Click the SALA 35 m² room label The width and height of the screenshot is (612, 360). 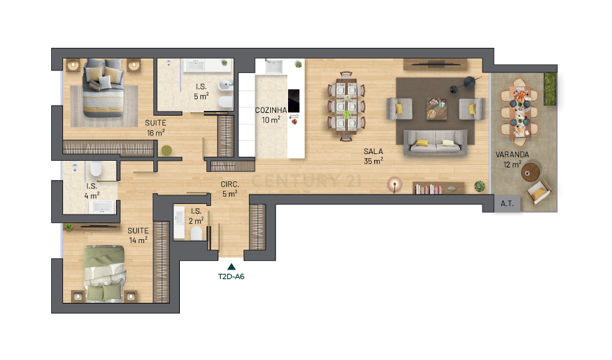point(374,155)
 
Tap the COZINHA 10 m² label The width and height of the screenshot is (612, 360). point(271,115)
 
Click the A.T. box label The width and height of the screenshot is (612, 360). point(508,205)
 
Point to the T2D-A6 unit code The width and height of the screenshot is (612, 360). point(231,277)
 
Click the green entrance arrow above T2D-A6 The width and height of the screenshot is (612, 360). point(231,266)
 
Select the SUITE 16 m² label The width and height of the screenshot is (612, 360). point(155,127)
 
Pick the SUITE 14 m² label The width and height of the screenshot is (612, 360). point(138,235)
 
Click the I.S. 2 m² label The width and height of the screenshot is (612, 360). point(196,216)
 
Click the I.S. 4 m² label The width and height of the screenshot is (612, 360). point(92,191)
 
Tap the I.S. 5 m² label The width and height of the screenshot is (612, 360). point(202,92)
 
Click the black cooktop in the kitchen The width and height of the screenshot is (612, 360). point(293,100)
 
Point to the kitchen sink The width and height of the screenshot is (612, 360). point(273,66)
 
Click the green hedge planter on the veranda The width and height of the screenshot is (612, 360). point(550,88)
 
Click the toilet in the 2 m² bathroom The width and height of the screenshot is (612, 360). point(196,233)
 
